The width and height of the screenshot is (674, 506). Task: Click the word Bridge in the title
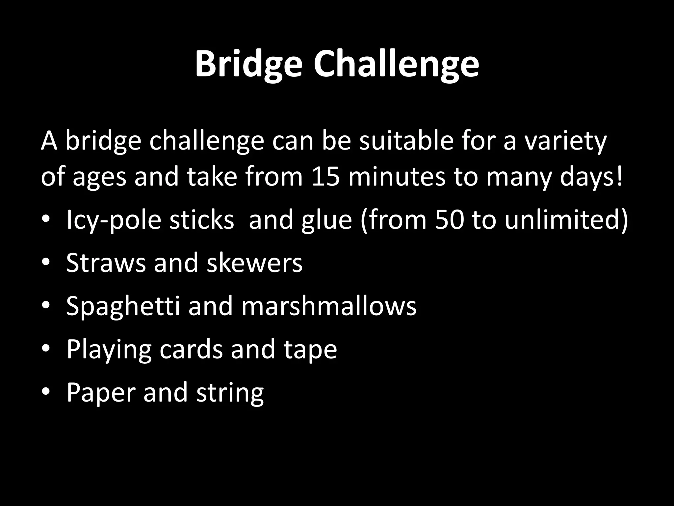[x=248, y=64]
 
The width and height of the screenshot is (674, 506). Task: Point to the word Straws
[x=106, y=263]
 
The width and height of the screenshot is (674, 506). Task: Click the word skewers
[x=254, y=263]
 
